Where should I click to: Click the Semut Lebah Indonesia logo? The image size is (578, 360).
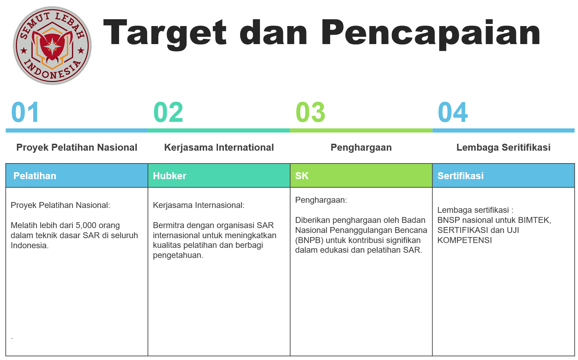(52, 46)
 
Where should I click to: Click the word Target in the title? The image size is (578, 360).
(165, 34)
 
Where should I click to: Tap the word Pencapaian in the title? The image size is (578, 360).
(430, 34)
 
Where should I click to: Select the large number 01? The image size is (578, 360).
(25, 112)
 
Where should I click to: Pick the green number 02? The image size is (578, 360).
(168, 112)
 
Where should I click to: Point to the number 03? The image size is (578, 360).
(310, 112)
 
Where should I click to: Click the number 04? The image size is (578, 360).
(453, 112)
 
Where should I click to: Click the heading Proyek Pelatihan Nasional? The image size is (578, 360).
(77, 148)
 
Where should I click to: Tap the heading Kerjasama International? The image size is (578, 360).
(219, 148)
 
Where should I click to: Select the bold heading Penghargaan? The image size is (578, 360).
(361, 148)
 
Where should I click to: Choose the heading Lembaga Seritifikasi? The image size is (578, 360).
(503, 148)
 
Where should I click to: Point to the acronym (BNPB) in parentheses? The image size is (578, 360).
(309, 240)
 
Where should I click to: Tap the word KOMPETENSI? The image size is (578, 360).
(464, 240)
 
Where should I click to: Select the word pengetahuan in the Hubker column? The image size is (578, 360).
(178, 256)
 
